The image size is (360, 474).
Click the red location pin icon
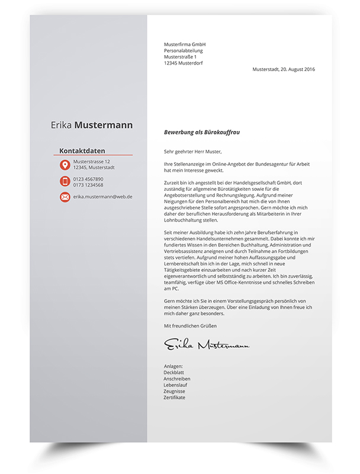(x=65, y=165)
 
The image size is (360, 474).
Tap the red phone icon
(x=65, y=181)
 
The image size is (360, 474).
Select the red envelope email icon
(x=65, y=197)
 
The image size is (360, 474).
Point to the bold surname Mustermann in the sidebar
(x=104, y=125)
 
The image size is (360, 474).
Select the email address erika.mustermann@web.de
(x=102, y=196)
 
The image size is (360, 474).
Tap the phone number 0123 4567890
(x=88, y=179)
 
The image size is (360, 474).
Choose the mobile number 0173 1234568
(x=88, y=185)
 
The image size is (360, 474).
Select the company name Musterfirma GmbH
(x=184, y=44)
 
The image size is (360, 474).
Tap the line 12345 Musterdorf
(x=185, y=63)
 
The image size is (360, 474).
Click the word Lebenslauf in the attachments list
(x=175, y=385)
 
